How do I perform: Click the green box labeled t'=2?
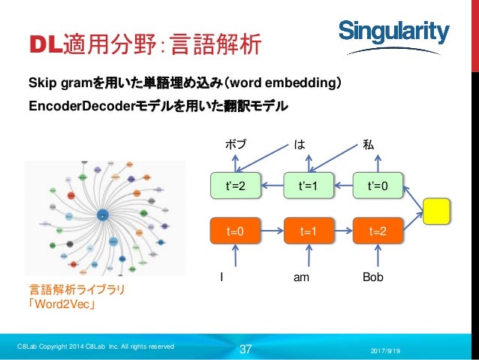(237, 186)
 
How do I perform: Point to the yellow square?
(438, 211)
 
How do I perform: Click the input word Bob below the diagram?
(372, 277)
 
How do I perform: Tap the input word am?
(301, 277)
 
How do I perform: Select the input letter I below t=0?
(221, 277)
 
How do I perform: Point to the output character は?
(300, 144)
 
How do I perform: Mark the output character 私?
(369, 144)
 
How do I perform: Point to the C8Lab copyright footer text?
(96, 346)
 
